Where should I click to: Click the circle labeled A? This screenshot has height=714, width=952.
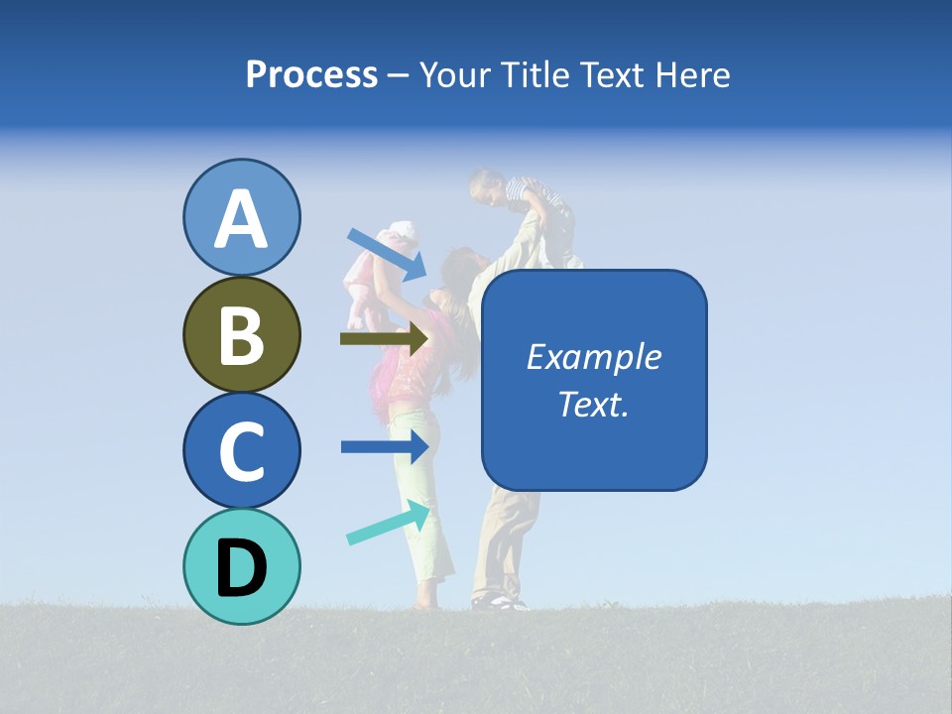(x=241, y=217)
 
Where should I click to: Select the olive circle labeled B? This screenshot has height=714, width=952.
(x=241, y=334)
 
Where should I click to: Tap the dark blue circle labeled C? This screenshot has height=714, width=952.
(x=241, y=450)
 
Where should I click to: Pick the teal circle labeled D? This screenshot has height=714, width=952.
(x=241, y=566)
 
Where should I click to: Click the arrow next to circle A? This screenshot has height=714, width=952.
(x=387, y=253)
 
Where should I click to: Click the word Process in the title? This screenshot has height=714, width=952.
(x=311, y=74)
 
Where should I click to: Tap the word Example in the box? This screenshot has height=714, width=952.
(x=594, y=357)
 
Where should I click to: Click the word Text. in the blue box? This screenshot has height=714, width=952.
(x=594, y=404)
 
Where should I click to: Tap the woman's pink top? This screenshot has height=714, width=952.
(x=407, y=362)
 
